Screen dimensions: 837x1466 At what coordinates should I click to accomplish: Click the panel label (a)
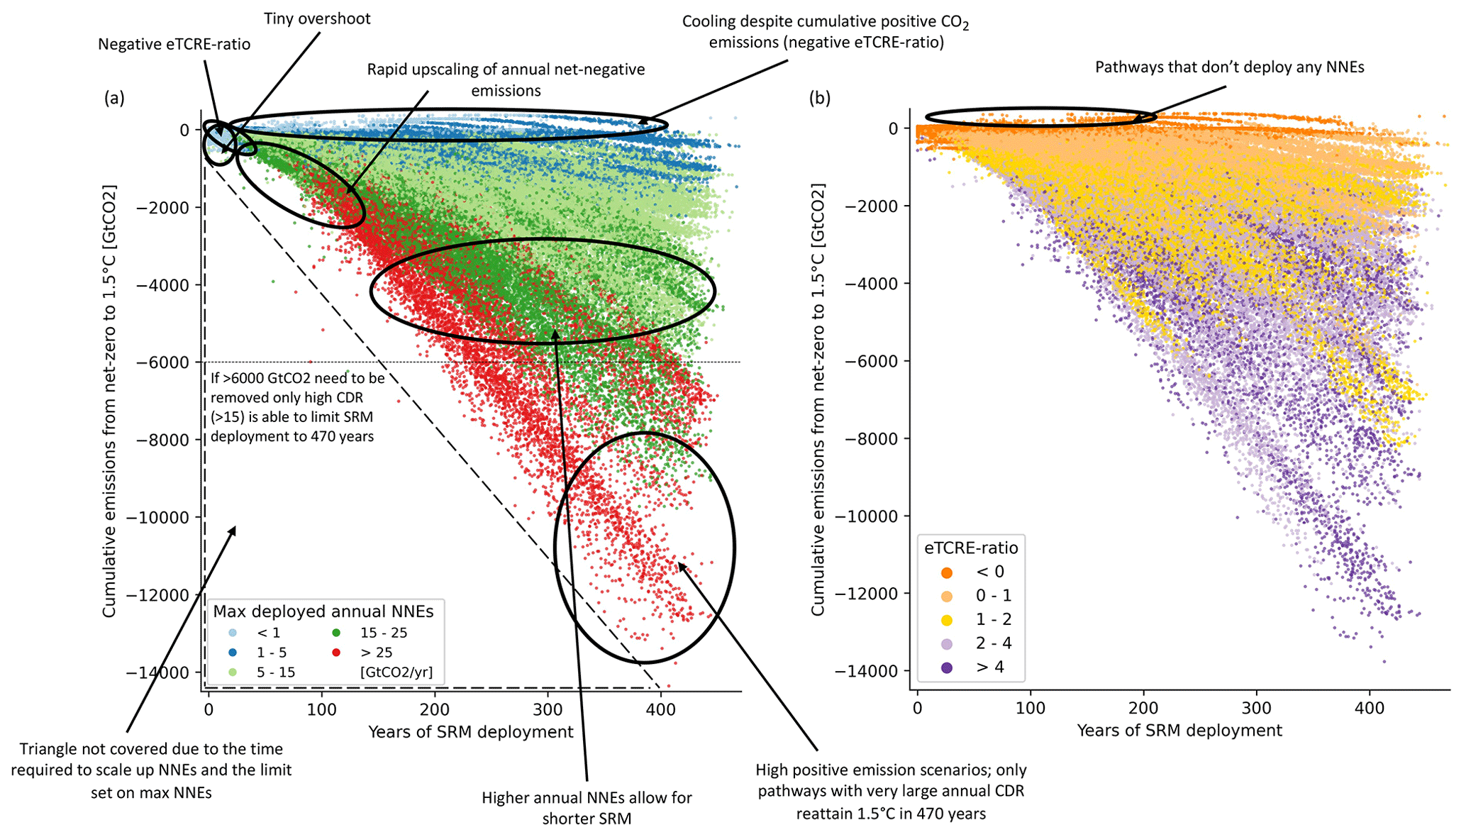114,98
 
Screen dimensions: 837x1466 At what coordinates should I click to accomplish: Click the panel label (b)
820,98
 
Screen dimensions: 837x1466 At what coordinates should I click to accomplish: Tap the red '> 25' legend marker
336,652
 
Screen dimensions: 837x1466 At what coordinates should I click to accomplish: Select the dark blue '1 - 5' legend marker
233,652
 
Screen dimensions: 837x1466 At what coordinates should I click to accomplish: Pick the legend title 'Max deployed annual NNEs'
323,611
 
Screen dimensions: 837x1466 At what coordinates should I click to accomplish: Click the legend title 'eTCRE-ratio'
970,548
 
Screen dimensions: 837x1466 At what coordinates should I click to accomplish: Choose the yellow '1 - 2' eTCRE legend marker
947,620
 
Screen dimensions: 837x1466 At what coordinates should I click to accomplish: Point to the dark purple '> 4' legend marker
947,667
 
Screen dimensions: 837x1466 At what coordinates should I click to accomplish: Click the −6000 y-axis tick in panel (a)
163,362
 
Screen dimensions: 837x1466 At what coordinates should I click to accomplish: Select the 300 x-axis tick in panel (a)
548,709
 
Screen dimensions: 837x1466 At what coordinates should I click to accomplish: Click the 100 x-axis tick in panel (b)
1030,707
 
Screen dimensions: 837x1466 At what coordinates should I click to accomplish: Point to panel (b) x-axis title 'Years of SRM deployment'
1179,731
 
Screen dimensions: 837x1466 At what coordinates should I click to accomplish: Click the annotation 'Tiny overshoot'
317,19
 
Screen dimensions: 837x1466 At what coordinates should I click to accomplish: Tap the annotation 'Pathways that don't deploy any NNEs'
1229,67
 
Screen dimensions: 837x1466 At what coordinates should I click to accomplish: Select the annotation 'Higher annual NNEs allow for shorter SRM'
587,808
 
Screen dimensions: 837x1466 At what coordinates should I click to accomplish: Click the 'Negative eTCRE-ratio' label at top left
174,45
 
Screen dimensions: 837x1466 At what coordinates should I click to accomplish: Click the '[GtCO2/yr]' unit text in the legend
396,672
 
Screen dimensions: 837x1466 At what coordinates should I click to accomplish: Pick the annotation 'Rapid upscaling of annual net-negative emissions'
506,79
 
